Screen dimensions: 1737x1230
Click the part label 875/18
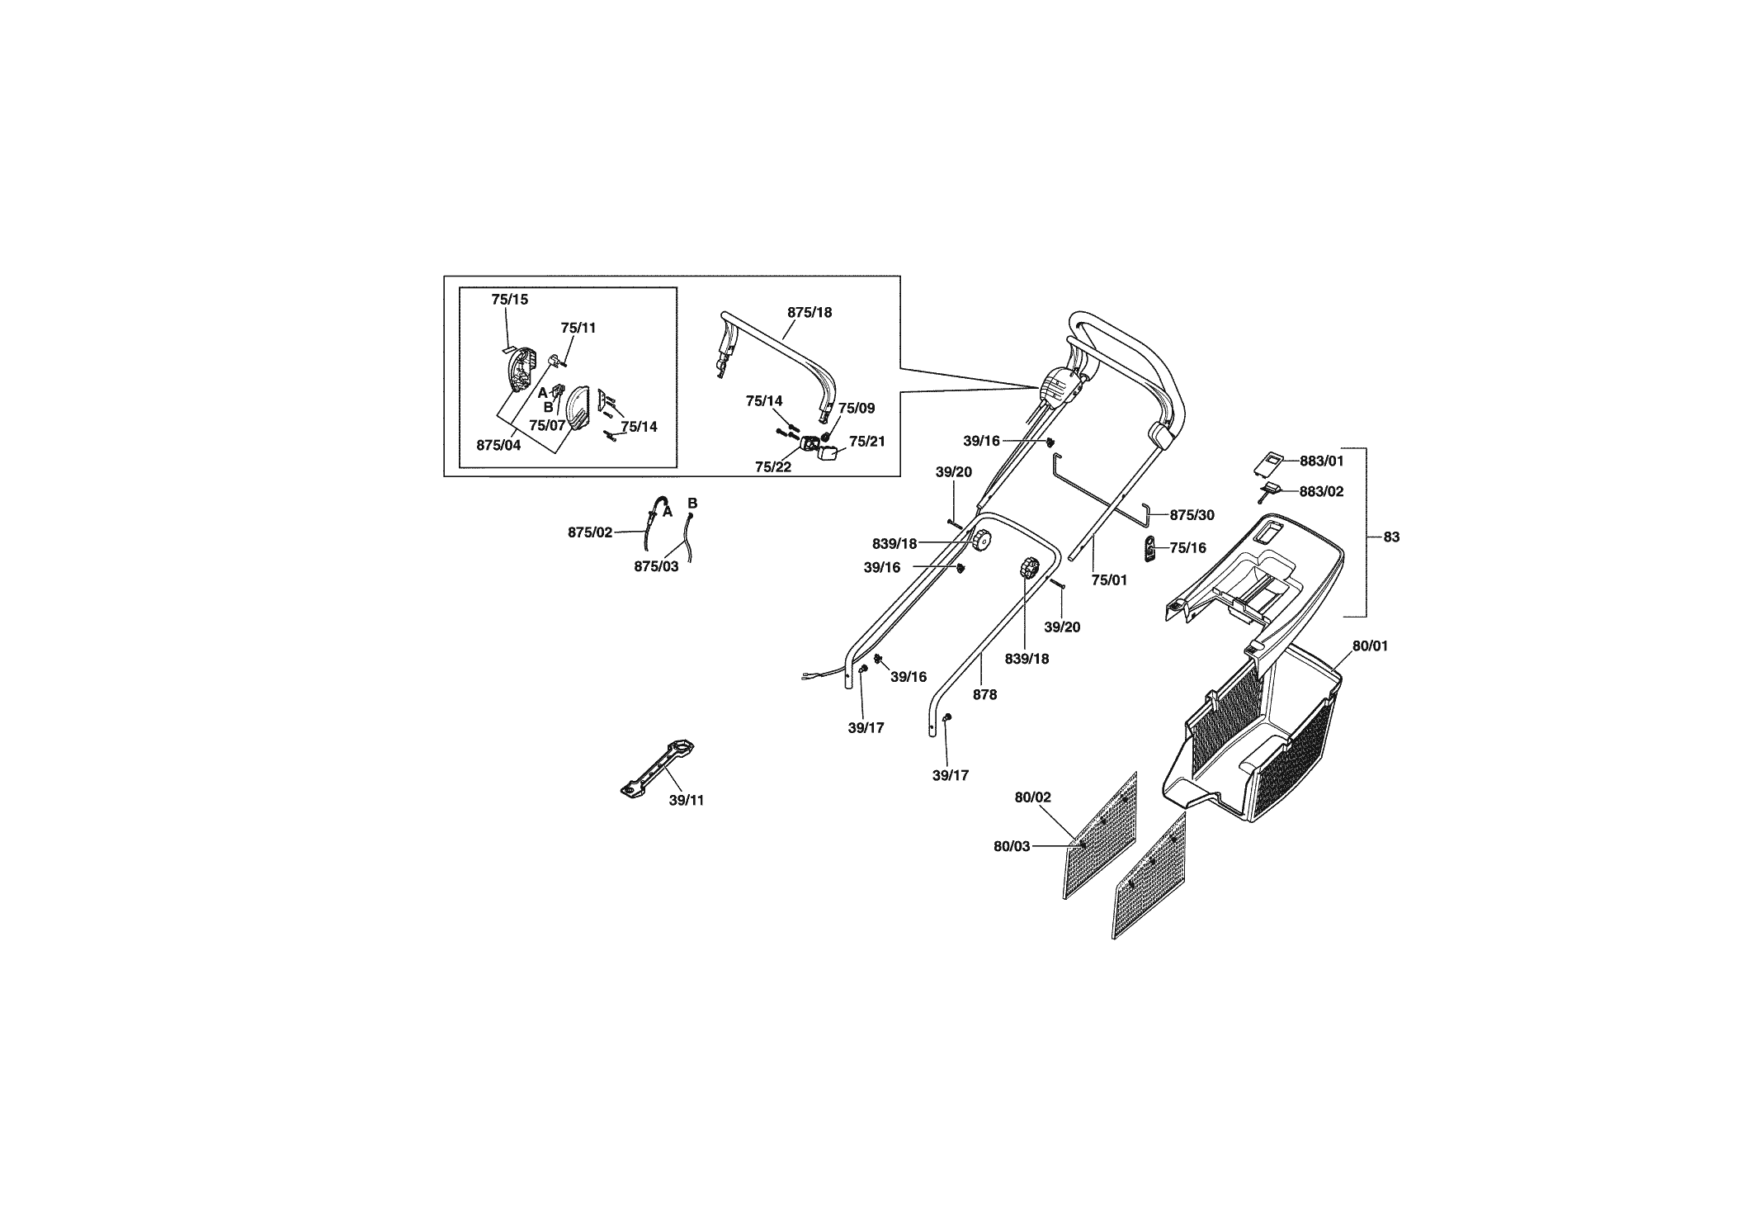click(809, 312)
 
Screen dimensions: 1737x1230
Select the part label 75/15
click(509, 299)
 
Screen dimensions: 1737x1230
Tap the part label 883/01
click(1322, 461)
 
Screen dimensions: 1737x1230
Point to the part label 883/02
click(1321, 491)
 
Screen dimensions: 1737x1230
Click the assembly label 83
click(1391, 537)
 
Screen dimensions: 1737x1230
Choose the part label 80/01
click(1370, 646)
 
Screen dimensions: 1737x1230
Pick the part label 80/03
click(1012, 846)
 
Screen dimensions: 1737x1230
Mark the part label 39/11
click(687, 800)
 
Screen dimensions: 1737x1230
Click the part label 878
click(984, 694)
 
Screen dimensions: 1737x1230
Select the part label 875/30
click(1192, 515)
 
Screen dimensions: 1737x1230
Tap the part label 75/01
click(1109, 580)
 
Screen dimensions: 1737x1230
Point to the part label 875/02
click(590, 532)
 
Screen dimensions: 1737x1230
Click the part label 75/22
click(773, 466)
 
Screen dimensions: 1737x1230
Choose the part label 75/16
click(1187, 547)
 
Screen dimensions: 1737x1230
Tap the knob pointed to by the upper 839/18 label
click(980, 542)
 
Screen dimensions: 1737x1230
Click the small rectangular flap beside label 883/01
click(1268, 463)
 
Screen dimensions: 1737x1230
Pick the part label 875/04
click(498, 445)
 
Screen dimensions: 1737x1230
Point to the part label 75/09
click(857, 408)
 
